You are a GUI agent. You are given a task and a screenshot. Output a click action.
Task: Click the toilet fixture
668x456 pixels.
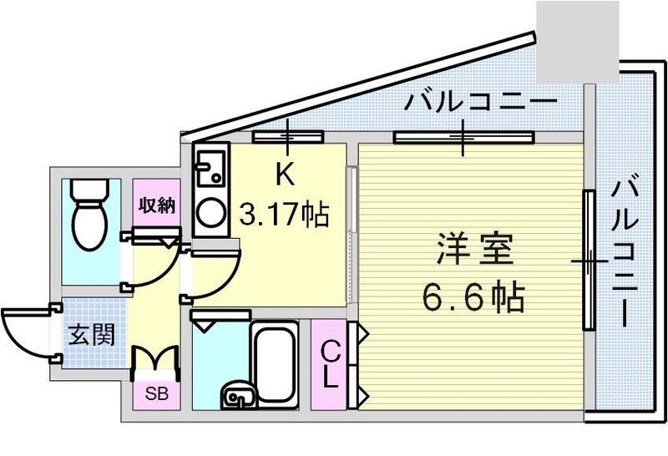pos(89,215)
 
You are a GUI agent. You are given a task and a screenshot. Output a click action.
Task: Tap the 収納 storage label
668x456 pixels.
pos(157,205)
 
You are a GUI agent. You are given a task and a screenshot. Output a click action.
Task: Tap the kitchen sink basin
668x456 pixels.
pos(207,169)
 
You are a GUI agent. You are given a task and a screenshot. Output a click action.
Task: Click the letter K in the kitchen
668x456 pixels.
pos(285,176)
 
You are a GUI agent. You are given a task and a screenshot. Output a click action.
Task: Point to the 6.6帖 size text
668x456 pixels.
pos(473,295)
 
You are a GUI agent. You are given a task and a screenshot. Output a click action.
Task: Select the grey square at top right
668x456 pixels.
pos(576,42)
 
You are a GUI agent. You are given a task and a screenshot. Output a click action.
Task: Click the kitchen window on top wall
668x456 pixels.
pos(288,137)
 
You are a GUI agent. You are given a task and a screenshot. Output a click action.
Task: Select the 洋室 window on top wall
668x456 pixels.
pos(462,137)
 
